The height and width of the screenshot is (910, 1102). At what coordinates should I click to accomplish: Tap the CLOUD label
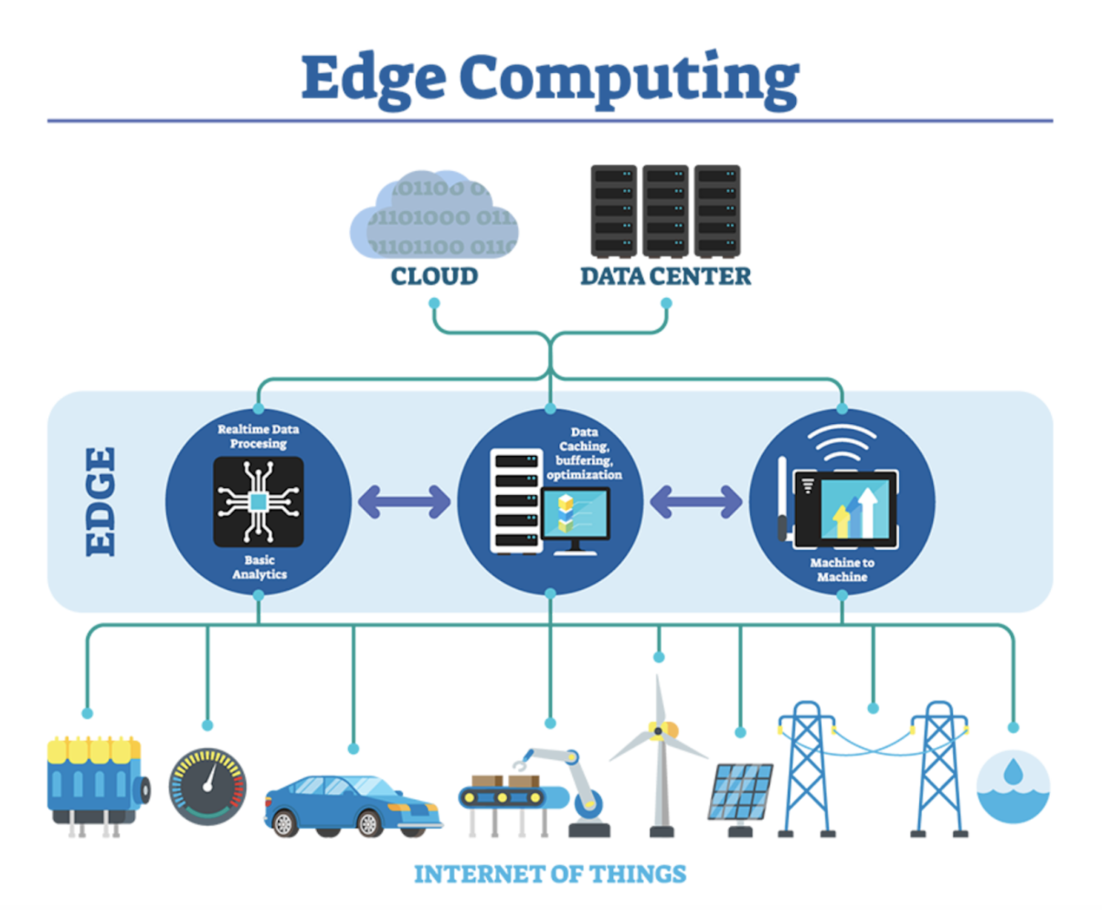(434, 276)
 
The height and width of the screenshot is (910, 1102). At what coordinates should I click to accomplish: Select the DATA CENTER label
(665, 276)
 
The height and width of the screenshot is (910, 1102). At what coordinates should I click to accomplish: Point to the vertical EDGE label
(101, 502)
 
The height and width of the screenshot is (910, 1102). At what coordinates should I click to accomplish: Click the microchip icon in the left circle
(258, 502)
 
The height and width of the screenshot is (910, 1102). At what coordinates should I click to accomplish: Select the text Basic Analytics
(259, 567)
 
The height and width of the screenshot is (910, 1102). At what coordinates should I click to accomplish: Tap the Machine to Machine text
(842, 569)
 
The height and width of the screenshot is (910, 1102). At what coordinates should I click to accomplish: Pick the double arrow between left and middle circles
(404, 502)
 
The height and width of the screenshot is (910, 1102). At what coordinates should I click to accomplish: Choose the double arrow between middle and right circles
(695, 502)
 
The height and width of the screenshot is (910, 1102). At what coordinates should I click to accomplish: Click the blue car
(352, 802)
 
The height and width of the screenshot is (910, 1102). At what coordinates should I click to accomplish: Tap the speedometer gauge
(207, 787)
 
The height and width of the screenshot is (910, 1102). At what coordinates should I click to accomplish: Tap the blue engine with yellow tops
(93, 782)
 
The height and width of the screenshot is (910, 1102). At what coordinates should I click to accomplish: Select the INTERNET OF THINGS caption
(550, 874)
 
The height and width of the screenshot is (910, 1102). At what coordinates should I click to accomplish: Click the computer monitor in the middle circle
(576, 516)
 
